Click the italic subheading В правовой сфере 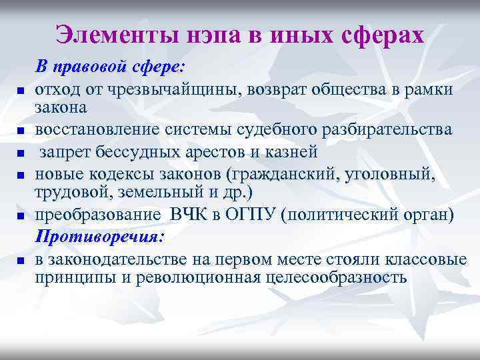pyautogui.click(x=111, y=67)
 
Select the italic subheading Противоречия pyautogui.click(x=99, y=237)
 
